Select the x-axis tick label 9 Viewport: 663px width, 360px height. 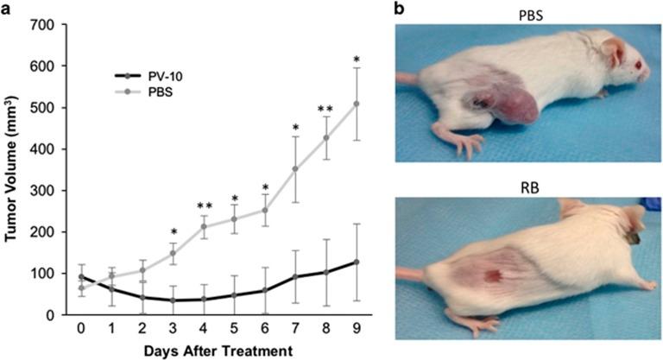click(x=357, y=329)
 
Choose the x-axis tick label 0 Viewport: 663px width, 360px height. click(x=81, y=329)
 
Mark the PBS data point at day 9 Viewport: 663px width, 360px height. click(x=357, y=104)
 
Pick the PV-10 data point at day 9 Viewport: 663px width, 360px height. click(x=357, y=262)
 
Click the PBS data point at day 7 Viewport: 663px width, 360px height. click(x=295, y=169)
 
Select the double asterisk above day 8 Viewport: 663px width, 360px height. click(x=325, y=109)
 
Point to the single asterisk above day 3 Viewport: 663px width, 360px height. click(x=174, y=231)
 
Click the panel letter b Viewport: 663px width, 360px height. click(x=399, y=8)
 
